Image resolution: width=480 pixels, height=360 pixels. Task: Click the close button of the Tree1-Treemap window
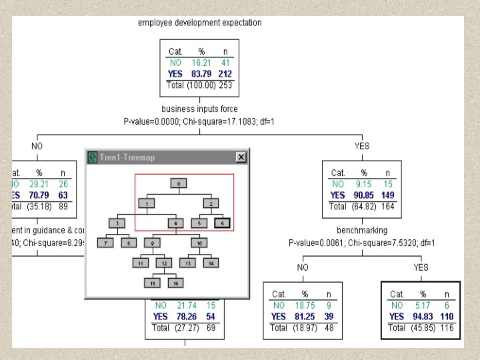[x=241, y=157]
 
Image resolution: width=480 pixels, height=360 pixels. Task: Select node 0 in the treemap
[x=178, y=183]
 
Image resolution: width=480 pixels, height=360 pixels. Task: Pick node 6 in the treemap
[x=223, y=223]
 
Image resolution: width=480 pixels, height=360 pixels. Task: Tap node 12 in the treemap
[x=163, y=263]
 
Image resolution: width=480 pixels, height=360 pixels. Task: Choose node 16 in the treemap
[x=175, y=283]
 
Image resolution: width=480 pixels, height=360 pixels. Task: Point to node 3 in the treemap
[x=117, y=223]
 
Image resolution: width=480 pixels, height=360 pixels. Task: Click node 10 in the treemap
[x=199, y=243]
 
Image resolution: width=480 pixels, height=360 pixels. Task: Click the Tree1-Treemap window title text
[x=127, y=157]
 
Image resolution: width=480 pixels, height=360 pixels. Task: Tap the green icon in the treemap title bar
[x=92, y=157]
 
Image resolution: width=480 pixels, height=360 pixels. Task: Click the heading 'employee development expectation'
[x=200, y=23]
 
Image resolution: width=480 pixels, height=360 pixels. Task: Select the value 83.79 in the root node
[x=201, y=73]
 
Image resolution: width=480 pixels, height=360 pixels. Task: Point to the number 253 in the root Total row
[x=226, y=85]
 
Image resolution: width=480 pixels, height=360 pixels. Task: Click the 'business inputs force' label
[x=199, y=109]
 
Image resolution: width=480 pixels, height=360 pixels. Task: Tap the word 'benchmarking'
[x=361, y=231]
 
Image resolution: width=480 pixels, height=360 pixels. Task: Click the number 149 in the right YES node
[x=387, y=195]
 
